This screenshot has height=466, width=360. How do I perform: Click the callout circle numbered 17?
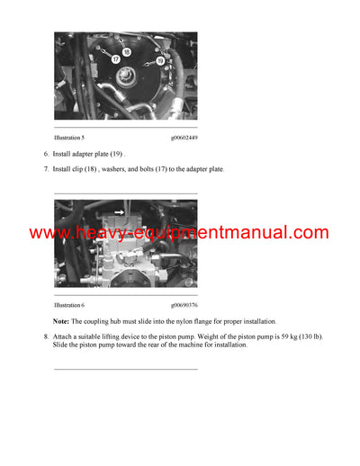coord(116,58)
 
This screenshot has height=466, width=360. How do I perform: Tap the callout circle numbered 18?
coord(127,52)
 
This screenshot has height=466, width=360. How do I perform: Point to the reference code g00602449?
coord(183,137)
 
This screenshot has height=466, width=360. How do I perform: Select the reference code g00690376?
coord(183,305)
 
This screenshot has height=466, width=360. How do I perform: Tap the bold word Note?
coord(60,321)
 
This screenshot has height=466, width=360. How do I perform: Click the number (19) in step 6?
coord(118,154)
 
